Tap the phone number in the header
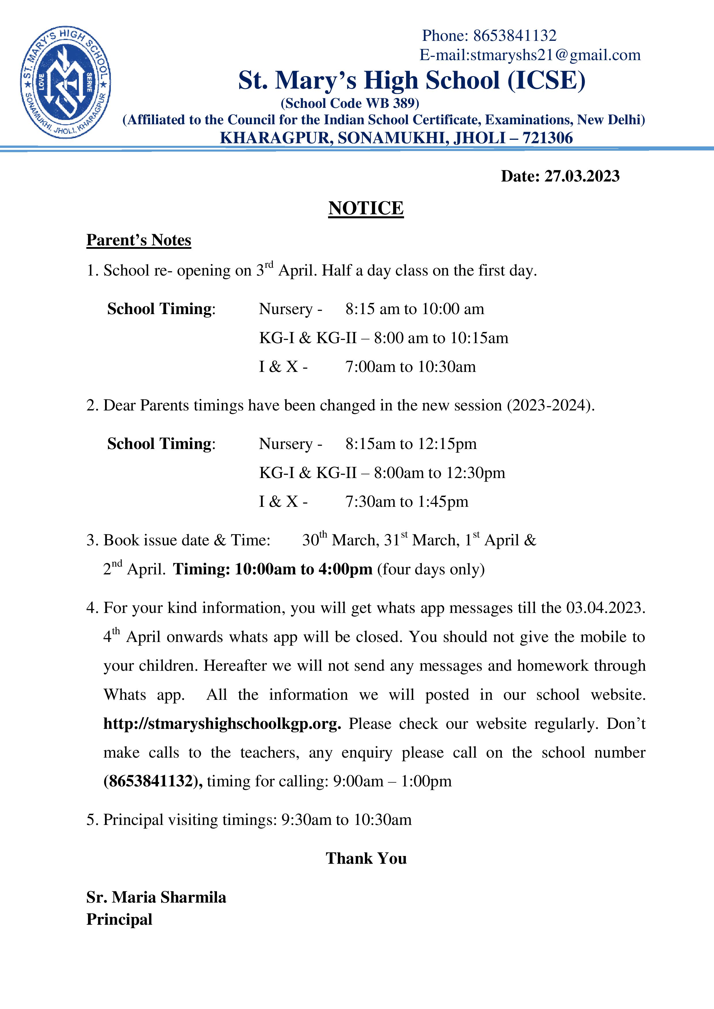(514, 36)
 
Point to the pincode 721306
(547, 138)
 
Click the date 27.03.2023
(582, 176)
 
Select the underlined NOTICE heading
(366, 208)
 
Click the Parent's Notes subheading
(138, 240)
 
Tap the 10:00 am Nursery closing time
(453, 309)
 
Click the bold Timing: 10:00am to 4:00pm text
(273, 569)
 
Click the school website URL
(222, 724)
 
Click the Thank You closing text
(366, 858)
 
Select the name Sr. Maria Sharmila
(156, 897)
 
